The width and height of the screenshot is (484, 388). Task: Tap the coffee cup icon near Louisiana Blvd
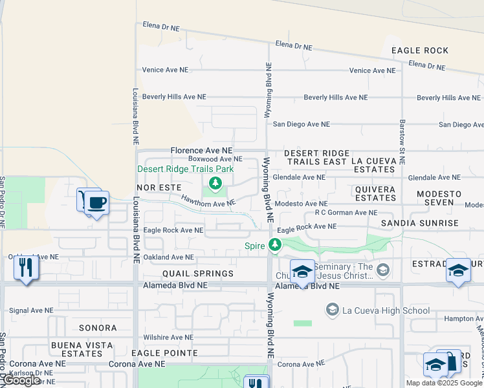tap(97, 203)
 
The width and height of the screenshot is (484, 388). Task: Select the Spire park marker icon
tap(275, 245)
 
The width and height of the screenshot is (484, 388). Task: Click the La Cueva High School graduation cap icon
tap(333, 310)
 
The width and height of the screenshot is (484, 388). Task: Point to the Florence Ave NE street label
tap(201, 150)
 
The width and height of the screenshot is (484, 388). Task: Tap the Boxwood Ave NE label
tap(215, 159)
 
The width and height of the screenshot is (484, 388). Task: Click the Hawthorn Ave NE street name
tap(207, 202)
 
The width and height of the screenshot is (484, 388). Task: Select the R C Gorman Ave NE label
tap(346, 212)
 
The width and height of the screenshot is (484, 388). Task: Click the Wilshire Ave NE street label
tap(168, 337)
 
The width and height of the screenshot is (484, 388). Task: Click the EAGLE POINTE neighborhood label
tap(164, 353)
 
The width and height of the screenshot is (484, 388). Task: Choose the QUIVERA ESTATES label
tap(375, 193)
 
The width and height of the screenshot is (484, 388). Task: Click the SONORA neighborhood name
tap(97, 329)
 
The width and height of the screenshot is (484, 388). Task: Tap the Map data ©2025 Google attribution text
tap(444, 383)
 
